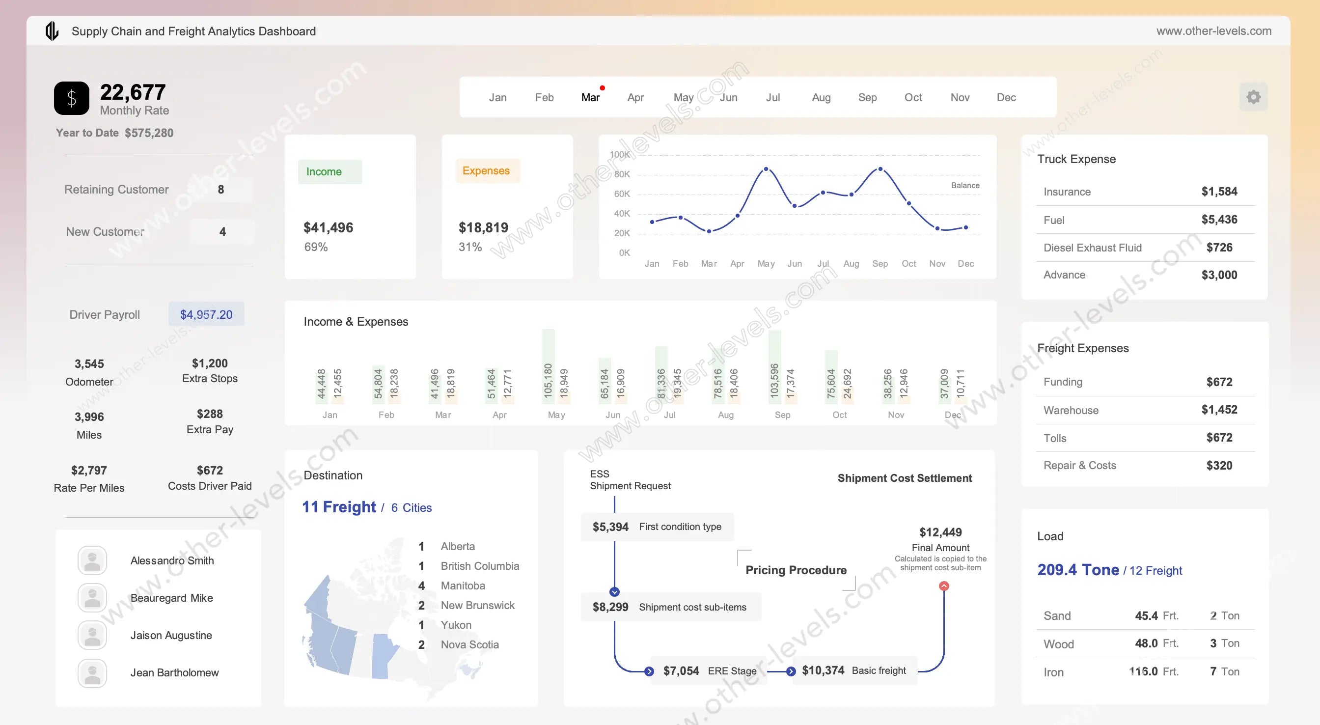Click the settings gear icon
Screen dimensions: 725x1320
tap(1253, 97)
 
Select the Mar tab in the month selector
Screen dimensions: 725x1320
tap(590, 97)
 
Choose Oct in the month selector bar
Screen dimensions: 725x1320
tap(912, 97)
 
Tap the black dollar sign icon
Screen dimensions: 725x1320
tap(72, 98)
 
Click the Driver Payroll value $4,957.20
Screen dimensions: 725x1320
tap(206, 314)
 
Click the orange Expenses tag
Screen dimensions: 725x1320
tap(486, 171)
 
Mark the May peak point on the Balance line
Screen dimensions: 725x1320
tap(766, 168)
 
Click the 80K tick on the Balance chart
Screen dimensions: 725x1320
tap(622, 174)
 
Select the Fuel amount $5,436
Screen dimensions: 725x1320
tap(1219, 220)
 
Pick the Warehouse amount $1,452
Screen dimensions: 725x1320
tap(1219, 410)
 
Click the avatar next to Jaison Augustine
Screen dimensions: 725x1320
tap(92, 635)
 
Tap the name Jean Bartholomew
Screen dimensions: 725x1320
tap(174, 673)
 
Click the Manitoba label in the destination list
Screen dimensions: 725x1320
tap(463, 586)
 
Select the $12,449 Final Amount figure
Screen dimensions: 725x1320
tap(940, 532)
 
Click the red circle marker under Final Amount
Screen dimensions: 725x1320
tap(944, 586)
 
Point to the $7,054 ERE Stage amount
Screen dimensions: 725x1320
tap(681, 670)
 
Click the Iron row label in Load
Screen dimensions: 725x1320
tap(1053, 672)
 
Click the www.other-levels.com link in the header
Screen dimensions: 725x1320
tap(1213, 31)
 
